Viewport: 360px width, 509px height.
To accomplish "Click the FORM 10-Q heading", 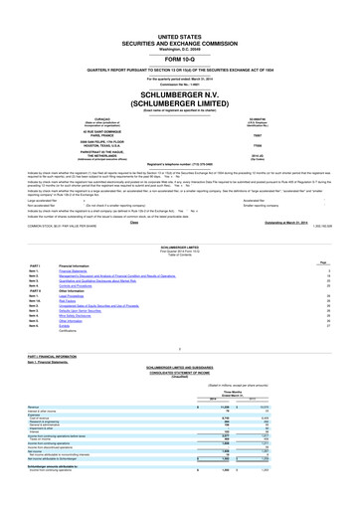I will (x=180, y=32).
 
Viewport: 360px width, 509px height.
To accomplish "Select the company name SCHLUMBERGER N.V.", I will (x=180, y=60).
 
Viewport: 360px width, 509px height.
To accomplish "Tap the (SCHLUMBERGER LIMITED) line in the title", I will (x=180, y=71).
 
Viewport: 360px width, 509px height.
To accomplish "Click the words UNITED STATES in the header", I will (x=180, y=7).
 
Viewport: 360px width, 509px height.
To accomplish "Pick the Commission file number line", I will (x=180, y=51).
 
